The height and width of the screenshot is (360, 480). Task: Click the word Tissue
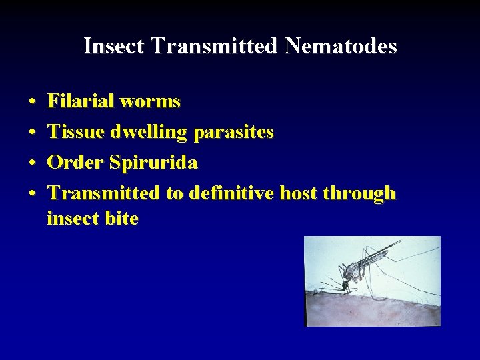click(x=75, y=132)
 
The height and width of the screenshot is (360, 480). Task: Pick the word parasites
click(x=233, y=132)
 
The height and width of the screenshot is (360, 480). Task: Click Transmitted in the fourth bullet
click(x=104, y=193)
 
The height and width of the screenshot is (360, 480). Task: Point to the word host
click(x=298, y=193)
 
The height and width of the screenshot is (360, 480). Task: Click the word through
click(x=359, y=193)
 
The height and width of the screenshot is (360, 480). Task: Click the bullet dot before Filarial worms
click(x=33, y=102)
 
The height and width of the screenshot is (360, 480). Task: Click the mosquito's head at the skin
click(x=345, y=285)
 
